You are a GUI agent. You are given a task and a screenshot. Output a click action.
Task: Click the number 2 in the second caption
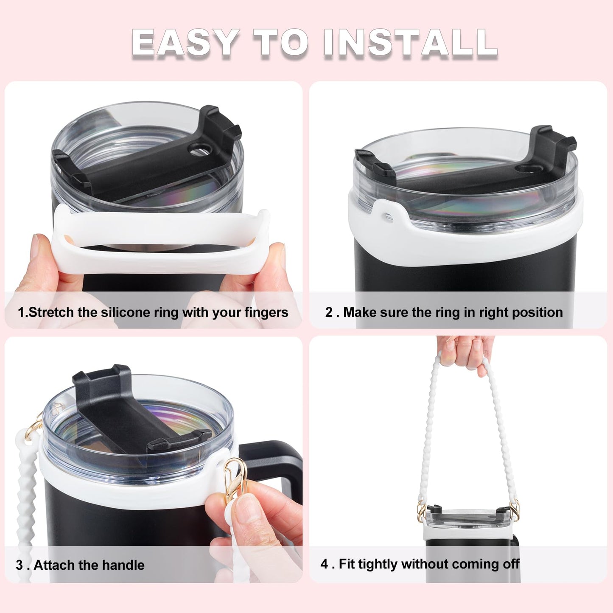click(329, 313)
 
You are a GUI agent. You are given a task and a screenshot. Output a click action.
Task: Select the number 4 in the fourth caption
click(325, 564)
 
